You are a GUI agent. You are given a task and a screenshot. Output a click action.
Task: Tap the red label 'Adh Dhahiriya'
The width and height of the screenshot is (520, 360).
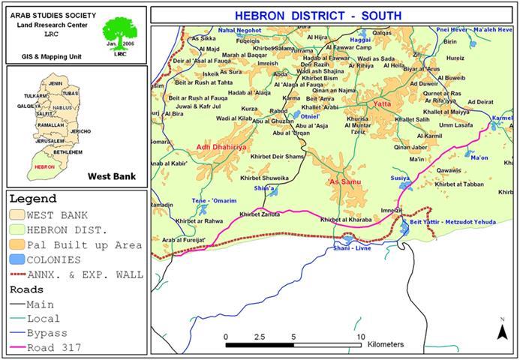(x=221, y=147)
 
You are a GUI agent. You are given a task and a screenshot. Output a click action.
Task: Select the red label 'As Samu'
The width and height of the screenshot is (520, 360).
(x=341, y=181)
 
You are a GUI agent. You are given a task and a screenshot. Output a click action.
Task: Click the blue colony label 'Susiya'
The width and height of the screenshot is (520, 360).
(x=400, y=178)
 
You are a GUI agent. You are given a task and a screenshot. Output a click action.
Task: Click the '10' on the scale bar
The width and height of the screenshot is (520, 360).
(x=361, y=336)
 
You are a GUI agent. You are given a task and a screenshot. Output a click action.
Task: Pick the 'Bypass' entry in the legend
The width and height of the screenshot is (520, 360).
(x=47, y=333)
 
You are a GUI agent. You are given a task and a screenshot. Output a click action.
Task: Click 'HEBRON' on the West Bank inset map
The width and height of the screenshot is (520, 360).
(x=44, y=166)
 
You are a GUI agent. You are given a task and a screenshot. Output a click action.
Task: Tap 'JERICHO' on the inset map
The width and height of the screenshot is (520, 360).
(x=80, y=131)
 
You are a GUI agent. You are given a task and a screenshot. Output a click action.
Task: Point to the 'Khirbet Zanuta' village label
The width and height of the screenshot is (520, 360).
(x=259, y=214)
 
